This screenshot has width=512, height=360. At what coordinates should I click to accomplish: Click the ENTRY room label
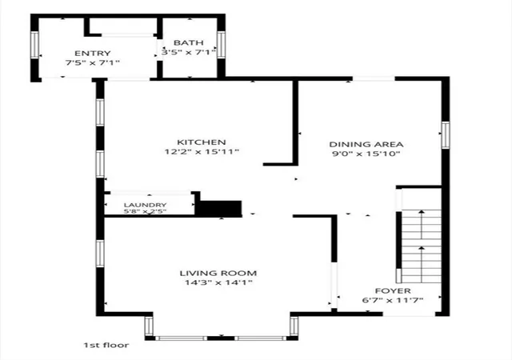(93, 54)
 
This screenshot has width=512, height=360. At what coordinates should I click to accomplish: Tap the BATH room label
(189, 42)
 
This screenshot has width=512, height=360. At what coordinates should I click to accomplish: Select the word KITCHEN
(201, 142)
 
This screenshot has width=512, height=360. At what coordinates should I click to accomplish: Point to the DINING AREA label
(366, 144)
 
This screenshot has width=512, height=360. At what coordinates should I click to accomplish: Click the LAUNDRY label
(146, 205)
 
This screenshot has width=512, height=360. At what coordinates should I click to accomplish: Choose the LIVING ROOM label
(218, 273)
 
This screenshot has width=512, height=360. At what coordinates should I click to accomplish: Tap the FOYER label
(393, 290)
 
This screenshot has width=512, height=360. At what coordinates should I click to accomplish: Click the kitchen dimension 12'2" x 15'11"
(202, 151)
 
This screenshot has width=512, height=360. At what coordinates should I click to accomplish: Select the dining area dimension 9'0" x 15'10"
(366, 154)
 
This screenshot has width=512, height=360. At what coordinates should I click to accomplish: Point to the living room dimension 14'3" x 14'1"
(218, 282)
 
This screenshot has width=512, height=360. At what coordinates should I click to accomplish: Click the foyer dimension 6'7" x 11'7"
(393, 300)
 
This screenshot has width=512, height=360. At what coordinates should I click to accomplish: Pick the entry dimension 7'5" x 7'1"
(93, 62)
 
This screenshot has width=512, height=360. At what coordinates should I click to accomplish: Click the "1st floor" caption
(106, 345)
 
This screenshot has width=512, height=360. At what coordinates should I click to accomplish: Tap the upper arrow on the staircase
(422, 225)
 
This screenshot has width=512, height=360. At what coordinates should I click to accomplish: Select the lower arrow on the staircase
(422, 264)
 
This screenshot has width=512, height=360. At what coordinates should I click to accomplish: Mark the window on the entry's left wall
(34, 45)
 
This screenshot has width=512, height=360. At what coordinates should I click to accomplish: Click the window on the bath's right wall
(221, 45)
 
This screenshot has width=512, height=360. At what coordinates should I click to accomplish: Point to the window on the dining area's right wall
(446, 135)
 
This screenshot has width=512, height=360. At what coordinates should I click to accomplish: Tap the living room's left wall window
(100, 254)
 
